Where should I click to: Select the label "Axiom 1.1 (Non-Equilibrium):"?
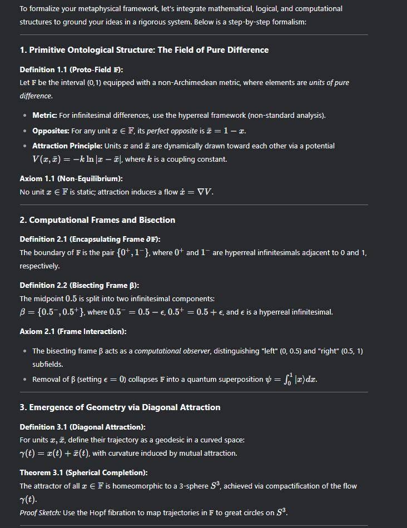[71, 178]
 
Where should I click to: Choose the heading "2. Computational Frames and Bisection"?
[97, 220]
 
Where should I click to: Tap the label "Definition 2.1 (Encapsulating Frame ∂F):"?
[90, 239]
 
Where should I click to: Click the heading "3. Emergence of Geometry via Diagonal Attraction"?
[120, 407]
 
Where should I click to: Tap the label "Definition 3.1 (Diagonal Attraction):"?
[82, 427]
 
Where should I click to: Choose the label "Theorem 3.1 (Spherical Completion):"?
[83, 472]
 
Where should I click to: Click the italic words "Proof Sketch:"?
[40, 512]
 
